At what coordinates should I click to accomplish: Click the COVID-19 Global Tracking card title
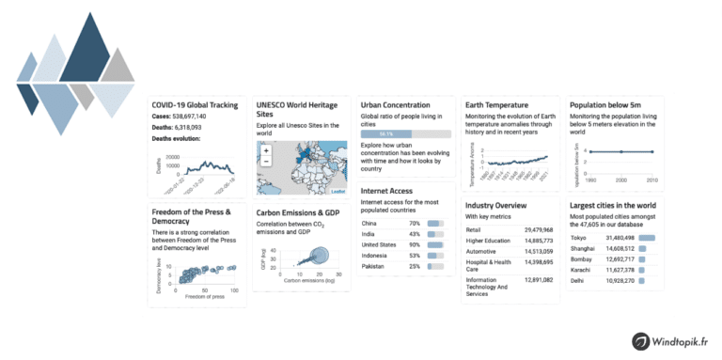[193, 105]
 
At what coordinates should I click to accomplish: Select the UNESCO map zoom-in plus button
[267, 150]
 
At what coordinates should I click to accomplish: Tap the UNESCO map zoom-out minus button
[267, 161]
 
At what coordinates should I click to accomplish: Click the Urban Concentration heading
[396, 105]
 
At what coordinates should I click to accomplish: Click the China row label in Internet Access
[370, 224]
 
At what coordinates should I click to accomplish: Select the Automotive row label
[484, 251]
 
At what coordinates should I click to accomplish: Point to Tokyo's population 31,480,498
[618, 238]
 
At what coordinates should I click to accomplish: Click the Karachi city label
[582, 270]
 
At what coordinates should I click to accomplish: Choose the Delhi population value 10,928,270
[618, 281]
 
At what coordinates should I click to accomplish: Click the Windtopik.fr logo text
[671, 341]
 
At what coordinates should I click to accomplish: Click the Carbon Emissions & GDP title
[297, 213]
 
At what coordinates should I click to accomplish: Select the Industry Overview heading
[503, 204]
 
